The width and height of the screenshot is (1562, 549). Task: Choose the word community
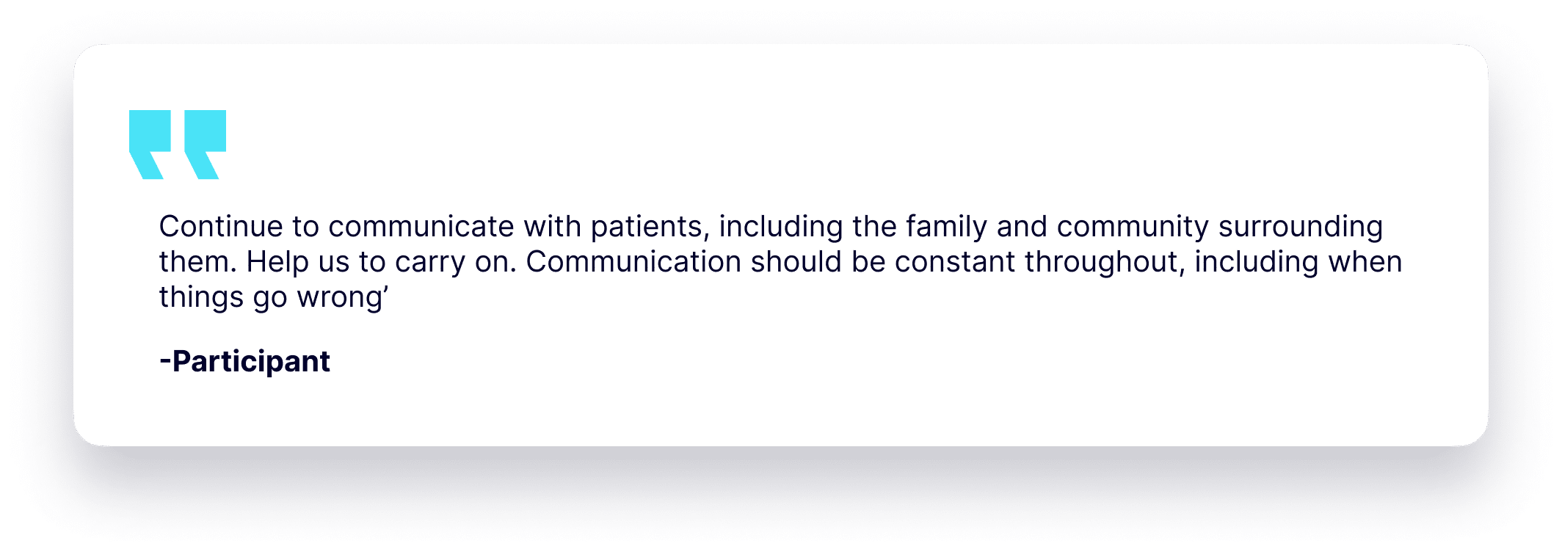pyautogui.click(x=1133, y=227)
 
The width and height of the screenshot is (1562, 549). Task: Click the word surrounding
pyautogui.click(x=1301, y=227)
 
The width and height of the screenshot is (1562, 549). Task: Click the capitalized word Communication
pyautogui.click(x=633, y=262)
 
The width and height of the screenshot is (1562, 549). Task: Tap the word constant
pyautogui.click(x=955, y=262)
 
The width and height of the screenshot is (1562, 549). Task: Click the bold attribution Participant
pyautogui.click(x=251, y=362)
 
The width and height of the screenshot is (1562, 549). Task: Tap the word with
pyautogui.click(x=552, y=227)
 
